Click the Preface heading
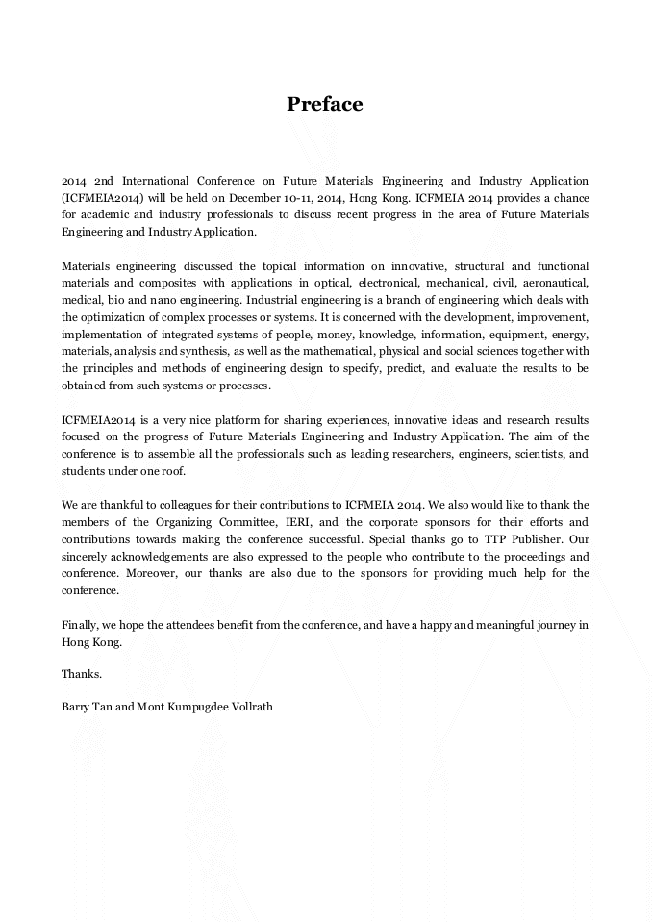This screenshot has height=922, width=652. (x=325, y=104)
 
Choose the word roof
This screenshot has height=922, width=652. (x=167, y=472)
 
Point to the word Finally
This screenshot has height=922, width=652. (x=79, y=625)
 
